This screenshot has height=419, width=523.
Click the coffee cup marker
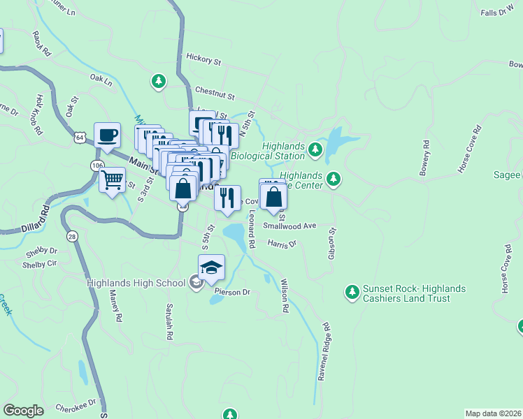point(107,135)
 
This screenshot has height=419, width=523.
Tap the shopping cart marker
point(112,181)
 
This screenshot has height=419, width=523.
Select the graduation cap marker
point(212,267)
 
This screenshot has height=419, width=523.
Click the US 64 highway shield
point(81,138)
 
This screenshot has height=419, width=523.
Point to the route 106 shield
point(96,165)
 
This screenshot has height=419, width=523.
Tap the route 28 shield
point(71,237)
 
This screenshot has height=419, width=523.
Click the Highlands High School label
point(136,283)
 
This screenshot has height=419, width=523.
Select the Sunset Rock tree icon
point(352,290)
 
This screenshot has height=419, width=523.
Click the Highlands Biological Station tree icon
point(316,148)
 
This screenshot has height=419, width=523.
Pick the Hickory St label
point(203,60)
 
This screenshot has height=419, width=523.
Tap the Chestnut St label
point(215,91)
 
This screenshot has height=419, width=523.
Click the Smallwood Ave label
point(290,226)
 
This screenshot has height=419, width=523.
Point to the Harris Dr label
point(282,244)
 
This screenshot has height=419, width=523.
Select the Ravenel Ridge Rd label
point(323,351)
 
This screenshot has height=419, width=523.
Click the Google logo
point(23,411)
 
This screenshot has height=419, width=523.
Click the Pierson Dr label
point(232,291)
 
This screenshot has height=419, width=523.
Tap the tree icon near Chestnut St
point(159,82)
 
